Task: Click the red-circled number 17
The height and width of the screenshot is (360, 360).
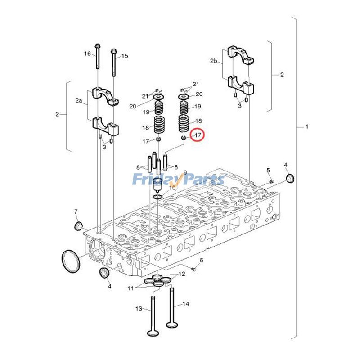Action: [x=197, y=135]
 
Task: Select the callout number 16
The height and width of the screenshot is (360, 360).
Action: [x=87, y=54]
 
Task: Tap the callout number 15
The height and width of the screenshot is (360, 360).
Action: [x=125, y=56]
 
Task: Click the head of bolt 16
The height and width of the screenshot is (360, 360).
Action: [x=97, y=46]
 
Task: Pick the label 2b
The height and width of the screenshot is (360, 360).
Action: [x=214, y=60]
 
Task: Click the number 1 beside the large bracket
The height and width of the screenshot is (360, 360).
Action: [x=307, y=127]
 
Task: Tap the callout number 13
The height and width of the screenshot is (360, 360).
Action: [x=139, y=309]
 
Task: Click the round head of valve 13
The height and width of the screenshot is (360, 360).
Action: [x=153, y=333]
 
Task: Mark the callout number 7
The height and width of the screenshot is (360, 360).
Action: [x=76, y=211]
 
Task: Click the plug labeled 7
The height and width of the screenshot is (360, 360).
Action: [x=79, y=225]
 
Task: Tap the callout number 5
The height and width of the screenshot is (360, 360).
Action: [x=268, y=170]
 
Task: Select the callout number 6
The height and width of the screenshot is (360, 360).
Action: [x=201, y=261]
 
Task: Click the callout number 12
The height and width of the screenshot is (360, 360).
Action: [x=181, y=274]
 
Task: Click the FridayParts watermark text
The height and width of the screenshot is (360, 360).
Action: [x=178, y=180]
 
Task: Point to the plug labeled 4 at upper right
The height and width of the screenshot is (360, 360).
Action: [x=291, y=180]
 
